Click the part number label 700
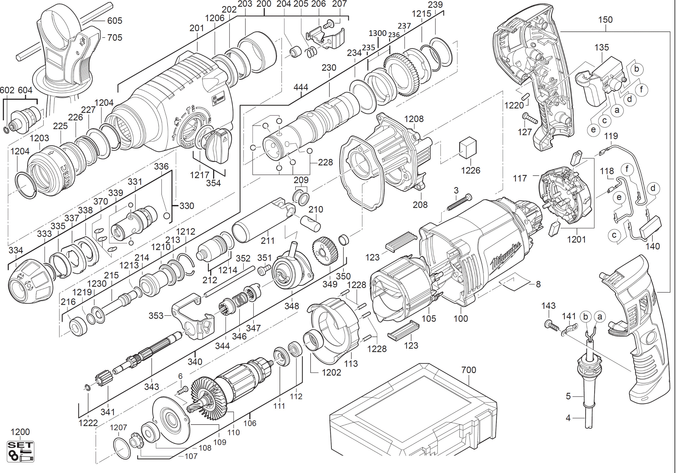469,370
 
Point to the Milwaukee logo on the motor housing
505,256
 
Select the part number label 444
301,87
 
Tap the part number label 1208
414,119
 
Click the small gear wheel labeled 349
325,251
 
